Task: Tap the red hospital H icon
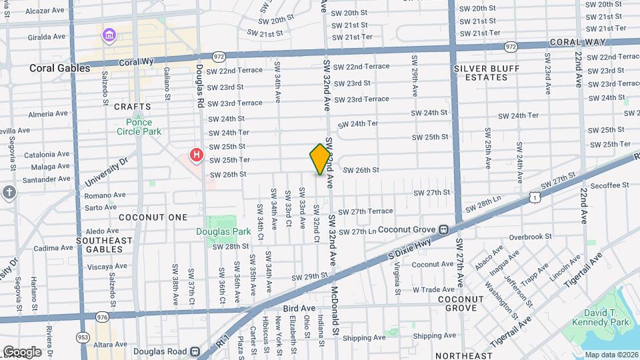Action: point(197,156)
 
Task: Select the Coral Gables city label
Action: point(59,68)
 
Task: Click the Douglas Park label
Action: point(223,232)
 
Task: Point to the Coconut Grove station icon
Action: point(443,230)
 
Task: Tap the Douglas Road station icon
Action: point(195,351)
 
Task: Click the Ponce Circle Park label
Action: point(139,127)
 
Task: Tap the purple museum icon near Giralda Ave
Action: point(108,34)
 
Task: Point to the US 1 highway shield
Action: point(533,197)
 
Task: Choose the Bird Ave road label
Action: point(299,308)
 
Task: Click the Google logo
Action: point(22,351)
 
